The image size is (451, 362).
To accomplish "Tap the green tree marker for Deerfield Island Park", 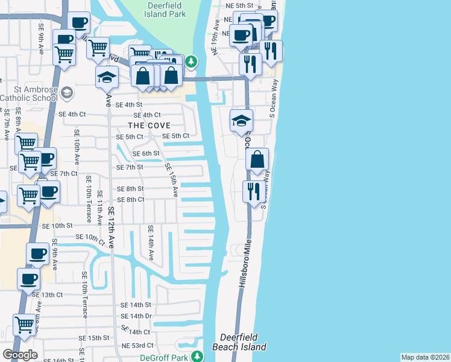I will (x=191, y=61).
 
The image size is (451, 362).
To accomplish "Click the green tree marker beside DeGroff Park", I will (x=197, y=357).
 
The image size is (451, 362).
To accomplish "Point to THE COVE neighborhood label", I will (x=148, y=125).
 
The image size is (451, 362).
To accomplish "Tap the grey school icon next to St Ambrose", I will (x=66, y=92).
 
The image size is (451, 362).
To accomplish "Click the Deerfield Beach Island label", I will (x=239, y=342).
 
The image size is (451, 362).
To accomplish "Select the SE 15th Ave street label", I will (x=171, y=180).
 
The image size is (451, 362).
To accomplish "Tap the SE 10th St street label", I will (x=57, y=225).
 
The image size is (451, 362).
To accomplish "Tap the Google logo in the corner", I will (x=20, y=355).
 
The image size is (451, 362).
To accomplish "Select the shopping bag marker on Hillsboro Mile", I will (x=257, y=160).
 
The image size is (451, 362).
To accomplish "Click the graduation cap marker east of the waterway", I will (x=241, y=121).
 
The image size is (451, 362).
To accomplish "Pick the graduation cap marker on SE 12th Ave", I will (x=107, y=77).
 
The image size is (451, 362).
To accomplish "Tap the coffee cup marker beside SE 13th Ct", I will (x=28, y=279).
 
